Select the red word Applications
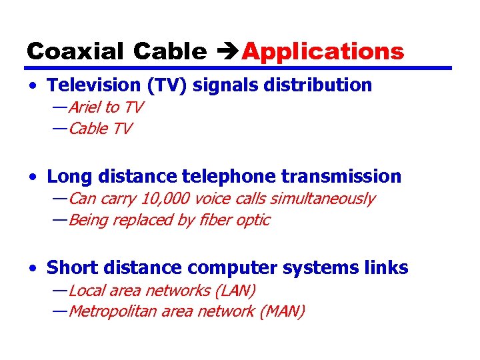click(323, 51)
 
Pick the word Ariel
click(85, 107)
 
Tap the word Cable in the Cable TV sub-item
click(88, 129)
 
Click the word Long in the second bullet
click(68, 177)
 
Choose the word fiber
click(214, 220)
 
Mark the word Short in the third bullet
click(71, 268)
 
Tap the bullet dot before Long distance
click(33, 177)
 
